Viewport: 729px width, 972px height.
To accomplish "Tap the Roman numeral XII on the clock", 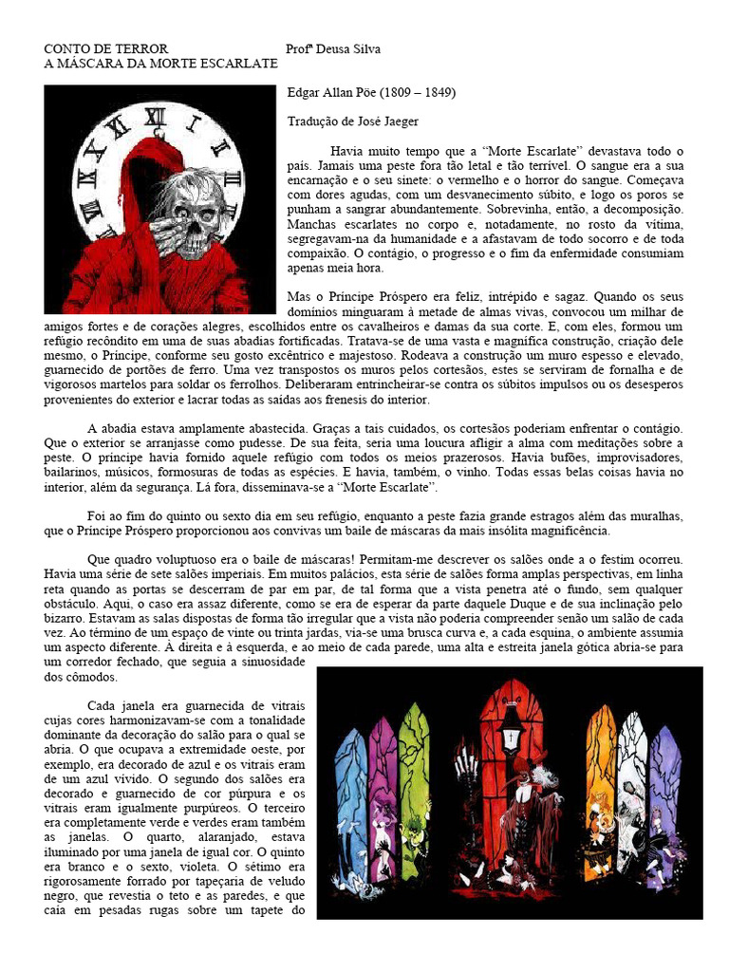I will point(154,116).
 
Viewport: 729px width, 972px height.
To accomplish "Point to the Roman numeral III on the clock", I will point(234,180).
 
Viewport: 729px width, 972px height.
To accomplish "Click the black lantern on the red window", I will point(511,726).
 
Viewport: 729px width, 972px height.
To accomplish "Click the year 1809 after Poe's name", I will point(400,93).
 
